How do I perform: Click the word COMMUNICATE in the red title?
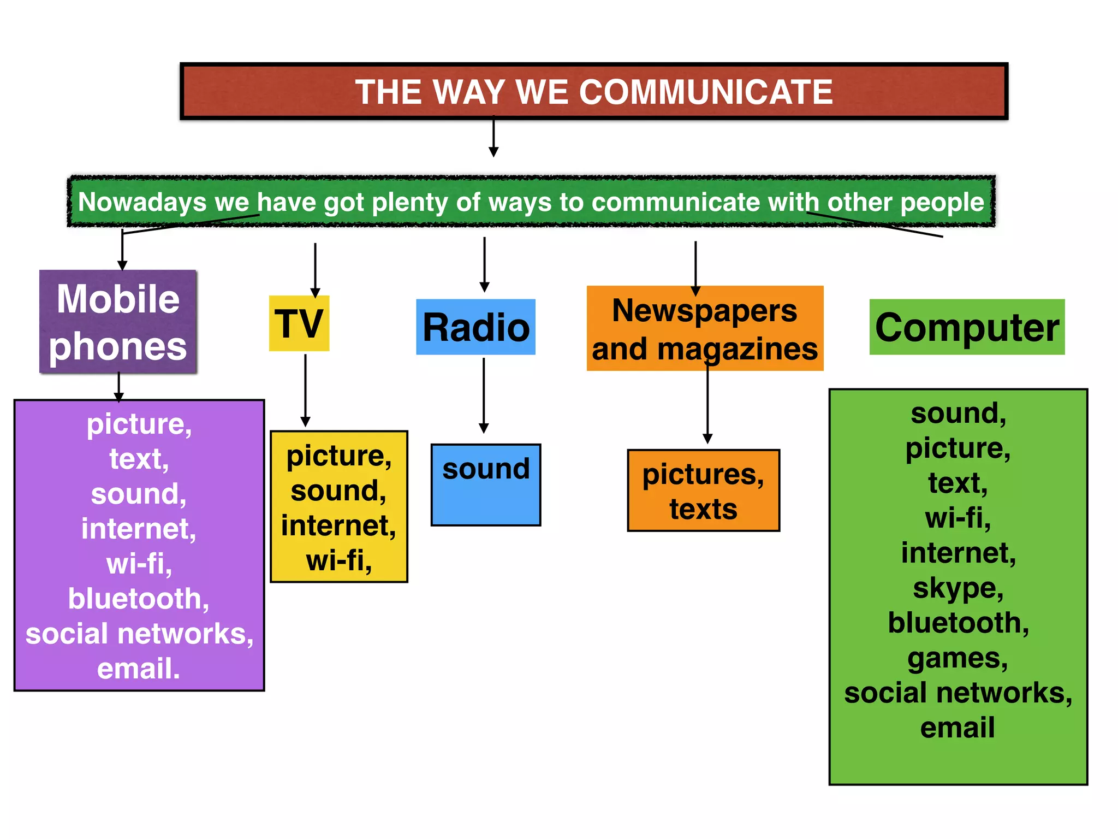coord(705,92)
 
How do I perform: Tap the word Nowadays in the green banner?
coord(142,202)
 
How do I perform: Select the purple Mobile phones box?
coord(118,322)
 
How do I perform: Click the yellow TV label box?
coord(299,323)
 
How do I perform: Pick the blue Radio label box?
coord(475,327)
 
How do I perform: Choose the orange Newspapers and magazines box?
coord(705,329)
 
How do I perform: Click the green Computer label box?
coord(967,327)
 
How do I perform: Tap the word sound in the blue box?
coord(486,469)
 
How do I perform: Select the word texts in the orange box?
coord(703,509)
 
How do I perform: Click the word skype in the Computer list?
coord(958,588)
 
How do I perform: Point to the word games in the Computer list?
coord(958,658)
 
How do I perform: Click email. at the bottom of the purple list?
coord(139,669)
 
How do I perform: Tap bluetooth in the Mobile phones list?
coord(139,599)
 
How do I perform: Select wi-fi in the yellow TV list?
coord(338,560)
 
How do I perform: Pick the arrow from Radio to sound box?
coord(484,395)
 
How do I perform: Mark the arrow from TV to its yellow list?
coord(305,391)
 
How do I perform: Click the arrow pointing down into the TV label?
coord(315,270)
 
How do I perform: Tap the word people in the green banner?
coord(942,202)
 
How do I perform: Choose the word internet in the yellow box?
coord(338,525)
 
